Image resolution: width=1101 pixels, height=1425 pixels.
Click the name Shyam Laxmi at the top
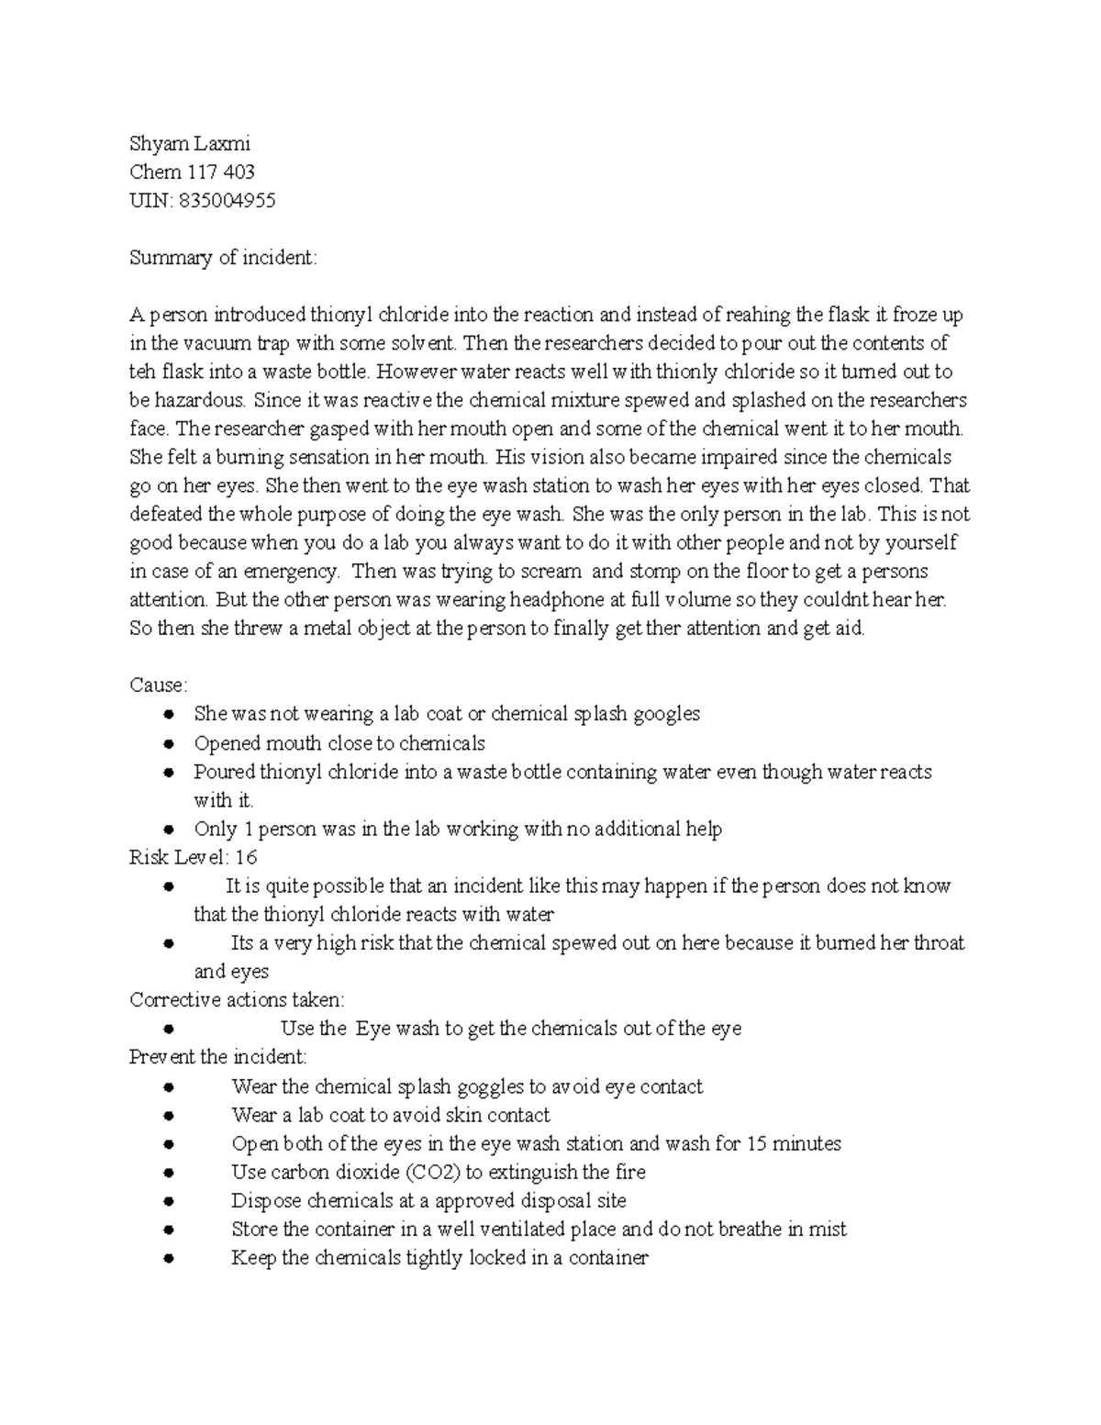point(190,144)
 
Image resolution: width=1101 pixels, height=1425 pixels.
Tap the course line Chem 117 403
point(192,173)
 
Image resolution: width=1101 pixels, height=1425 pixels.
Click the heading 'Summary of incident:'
point(223,258)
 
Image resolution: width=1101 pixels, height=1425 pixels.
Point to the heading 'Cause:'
point(159,685)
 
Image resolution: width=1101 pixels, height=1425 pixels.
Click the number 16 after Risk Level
point(246,857)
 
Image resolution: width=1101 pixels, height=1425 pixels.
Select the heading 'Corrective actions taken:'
point(237,999)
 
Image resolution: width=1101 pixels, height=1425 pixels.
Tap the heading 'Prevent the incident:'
point(218,1057)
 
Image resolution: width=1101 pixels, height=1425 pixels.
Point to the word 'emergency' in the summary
point(290,572)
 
